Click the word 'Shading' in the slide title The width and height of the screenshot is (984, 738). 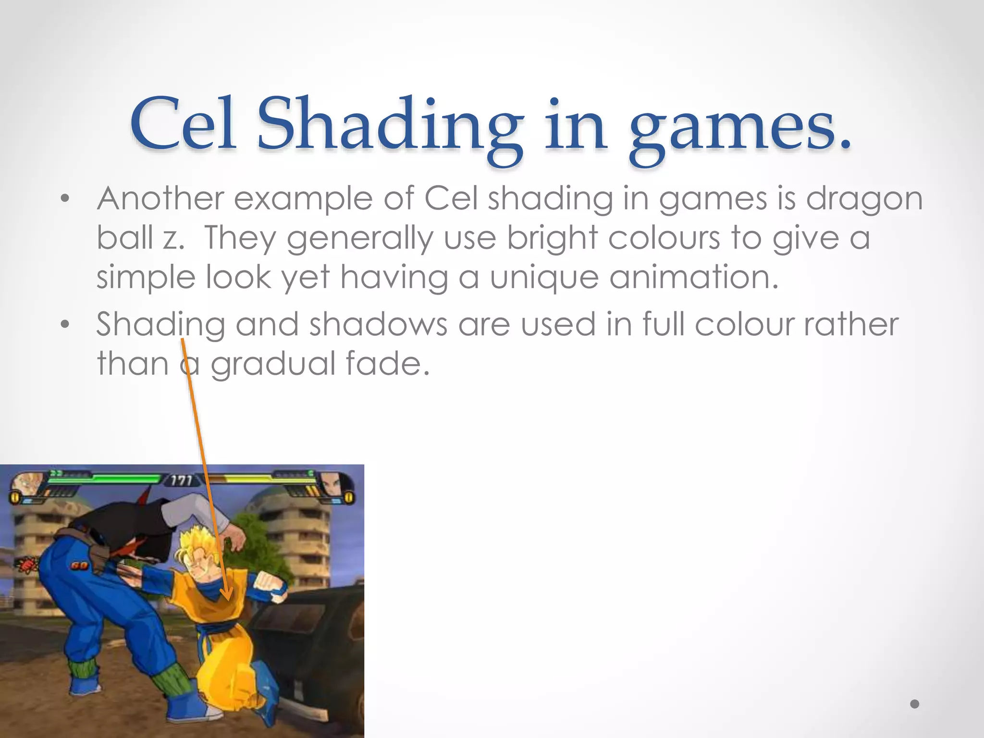pyautogui.click(x=389, y=126)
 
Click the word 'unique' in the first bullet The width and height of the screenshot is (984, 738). pyautogui.click(x=544, y=278)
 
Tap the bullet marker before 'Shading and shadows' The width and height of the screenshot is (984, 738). pyautogui.click(x=65, y=325)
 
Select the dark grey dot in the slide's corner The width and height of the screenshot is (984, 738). pyautogui.click(x=915, y=704)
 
